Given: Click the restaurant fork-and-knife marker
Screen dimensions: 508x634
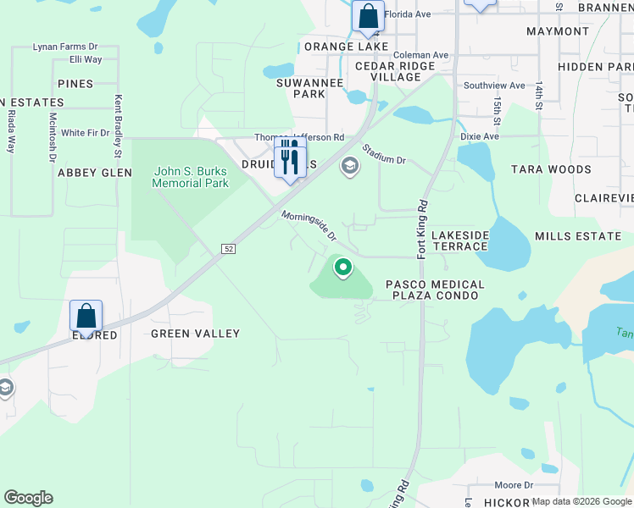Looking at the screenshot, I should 290,157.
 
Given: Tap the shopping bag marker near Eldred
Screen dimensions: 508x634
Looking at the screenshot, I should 86,317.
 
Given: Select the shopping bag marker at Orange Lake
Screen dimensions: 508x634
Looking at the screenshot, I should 368,16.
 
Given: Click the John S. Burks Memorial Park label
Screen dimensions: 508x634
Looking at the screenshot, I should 192,177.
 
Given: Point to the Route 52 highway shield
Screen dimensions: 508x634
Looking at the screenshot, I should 229,249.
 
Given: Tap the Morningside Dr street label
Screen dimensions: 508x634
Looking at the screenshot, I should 309,225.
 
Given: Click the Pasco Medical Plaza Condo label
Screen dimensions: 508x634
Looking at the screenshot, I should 435,290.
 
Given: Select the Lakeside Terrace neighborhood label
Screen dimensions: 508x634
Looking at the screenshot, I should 459,240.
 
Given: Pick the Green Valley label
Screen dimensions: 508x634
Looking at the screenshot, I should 195,334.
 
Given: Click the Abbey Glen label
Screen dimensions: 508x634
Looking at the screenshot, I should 94,172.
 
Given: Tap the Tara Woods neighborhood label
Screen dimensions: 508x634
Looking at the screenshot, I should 551,169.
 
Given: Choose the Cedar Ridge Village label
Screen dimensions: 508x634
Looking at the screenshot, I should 388,71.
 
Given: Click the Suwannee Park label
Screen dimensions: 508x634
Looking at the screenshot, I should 301,88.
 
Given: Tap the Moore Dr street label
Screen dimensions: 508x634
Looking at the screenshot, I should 514,485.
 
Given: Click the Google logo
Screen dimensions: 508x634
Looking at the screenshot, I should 28,498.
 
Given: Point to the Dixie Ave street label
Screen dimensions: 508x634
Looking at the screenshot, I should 480,135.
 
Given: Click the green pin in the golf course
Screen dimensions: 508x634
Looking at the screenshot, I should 343,268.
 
